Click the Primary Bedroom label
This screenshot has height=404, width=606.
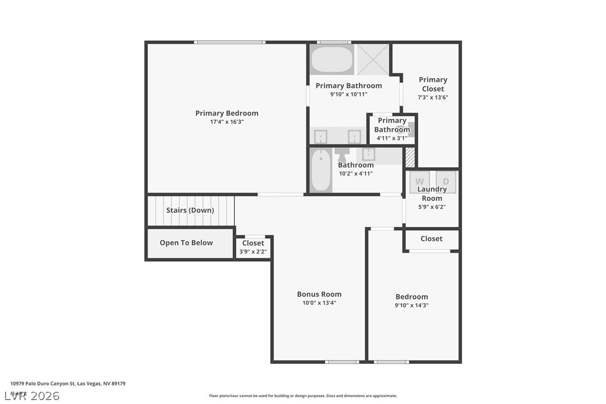pos(227,113)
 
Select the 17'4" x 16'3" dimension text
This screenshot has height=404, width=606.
pos(227,122)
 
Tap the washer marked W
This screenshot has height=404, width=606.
pos(419,182)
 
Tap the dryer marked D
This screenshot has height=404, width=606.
pos(446,182)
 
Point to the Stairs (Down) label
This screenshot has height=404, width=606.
pos(190,210)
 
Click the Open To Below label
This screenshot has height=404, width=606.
pos(186,243)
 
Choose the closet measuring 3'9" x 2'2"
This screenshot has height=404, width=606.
pos(253,247)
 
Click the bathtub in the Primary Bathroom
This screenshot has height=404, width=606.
pos(332,59)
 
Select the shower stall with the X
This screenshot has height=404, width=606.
pos(373,59)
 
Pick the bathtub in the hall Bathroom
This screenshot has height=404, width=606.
pos(321,170)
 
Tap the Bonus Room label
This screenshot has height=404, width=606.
pos(319,294)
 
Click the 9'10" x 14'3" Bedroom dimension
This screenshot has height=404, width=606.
pos(412,305)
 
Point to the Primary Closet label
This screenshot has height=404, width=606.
pos(433,84)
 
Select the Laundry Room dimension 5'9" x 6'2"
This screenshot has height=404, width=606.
pos(432,206)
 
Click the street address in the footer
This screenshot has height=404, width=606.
pos(68,383)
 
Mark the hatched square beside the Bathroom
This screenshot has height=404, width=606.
pos(410,157)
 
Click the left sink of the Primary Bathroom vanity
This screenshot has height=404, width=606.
pos(321,137)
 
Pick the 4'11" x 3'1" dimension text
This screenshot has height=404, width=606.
pos(392,138)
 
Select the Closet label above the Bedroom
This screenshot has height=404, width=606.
pos(431,239)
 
